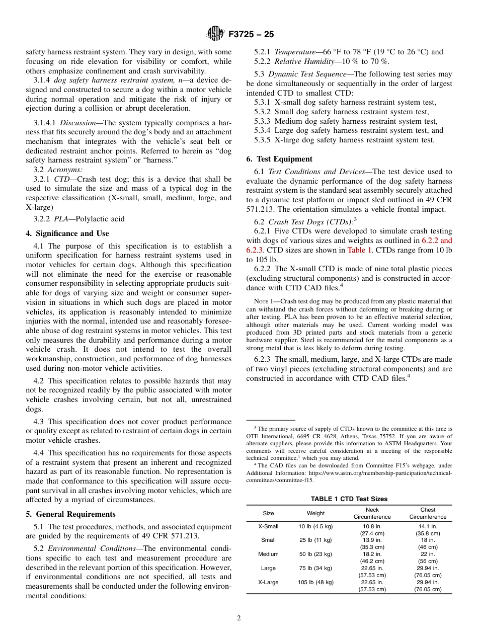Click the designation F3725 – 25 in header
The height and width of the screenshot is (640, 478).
click(x=251, y=35)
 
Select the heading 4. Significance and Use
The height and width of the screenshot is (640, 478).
click(x=67, y=233)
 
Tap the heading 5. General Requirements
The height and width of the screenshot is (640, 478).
click(x=71, y=514)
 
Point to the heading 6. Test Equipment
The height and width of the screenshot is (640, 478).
click(x=279, y=159)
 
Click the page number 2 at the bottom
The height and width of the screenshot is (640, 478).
click(x=239, y=618)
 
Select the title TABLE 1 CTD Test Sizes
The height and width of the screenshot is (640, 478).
click(x=349, y=499)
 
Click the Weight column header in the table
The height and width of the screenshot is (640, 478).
click(x=316, y=513)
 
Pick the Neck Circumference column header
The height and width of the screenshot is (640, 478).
click(x=372, y=513)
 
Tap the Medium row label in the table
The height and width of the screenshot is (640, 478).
click(x=268, y=554)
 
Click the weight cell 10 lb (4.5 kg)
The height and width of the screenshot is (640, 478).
click(x=316, y=526)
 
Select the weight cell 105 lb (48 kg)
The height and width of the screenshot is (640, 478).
click(x=316, y=582)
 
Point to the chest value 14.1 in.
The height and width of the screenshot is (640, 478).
click(x=428, y=526)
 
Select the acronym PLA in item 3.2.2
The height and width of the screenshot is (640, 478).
click(x=61, y=219)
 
